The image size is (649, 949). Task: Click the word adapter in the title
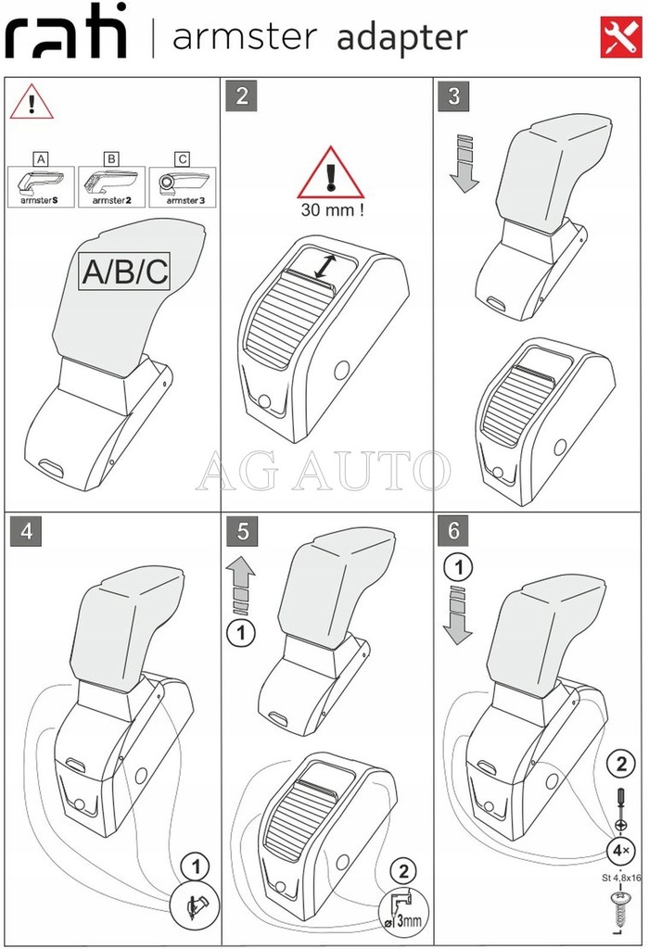pos(401,38)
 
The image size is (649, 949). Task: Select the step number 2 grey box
pos(241,96)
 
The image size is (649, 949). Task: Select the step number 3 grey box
pos(454,96)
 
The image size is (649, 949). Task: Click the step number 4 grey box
pos(26,531)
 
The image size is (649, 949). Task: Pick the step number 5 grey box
pos(241,531)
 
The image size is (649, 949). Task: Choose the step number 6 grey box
pos(454,531)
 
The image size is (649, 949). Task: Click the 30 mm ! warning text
pos(332,209)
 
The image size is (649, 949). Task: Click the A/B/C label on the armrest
pos(125,272)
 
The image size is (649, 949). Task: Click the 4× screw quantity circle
pos(619,849)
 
